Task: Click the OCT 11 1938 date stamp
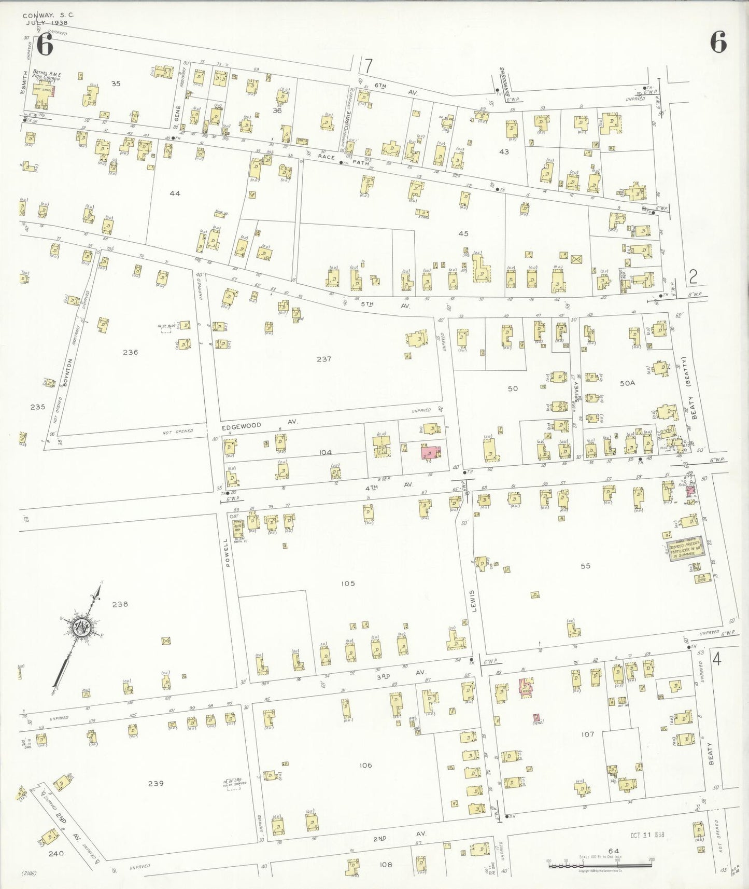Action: click(647, 835)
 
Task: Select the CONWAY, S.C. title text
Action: click(48, 15)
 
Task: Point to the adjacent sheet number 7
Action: click(368, 66)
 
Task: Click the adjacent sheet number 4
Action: click(717, 659)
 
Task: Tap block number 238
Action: click(119, 604)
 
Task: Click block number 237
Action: click(323, 359)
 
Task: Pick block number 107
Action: click(587, 734)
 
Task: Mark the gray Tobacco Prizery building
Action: click(684, 548)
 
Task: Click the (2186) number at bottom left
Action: click(29, 873)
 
